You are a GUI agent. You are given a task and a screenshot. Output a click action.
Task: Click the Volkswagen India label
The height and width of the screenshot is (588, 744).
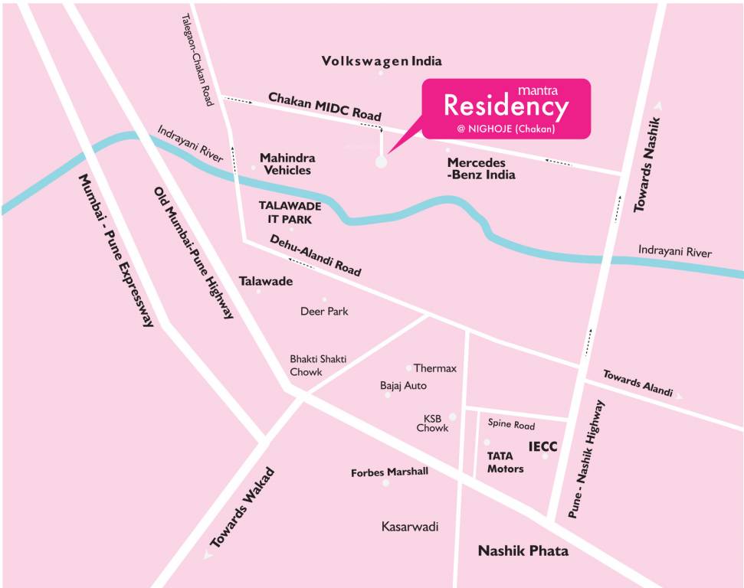[x=382, y=61]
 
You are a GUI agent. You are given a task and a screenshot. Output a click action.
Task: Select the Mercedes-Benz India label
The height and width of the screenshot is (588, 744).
[x=481, y=169]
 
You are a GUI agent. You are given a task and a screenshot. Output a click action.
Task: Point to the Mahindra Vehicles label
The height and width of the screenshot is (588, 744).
[x=287, y=164]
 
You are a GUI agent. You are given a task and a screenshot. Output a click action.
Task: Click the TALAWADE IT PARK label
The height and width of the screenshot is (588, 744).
[x=290, y=211]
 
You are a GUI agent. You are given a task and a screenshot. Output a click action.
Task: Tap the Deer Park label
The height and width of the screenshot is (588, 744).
[x=324, y=312]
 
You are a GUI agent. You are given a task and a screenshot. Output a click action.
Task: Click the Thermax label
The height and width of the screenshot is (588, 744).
[x=435, y=368]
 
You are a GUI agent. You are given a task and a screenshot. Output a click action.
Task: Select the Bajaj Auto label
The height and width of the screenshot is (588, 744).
[x=403, y=385]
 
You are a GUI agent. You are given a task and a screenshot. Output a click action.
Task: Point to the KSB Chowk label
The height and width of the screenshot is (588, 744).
[x=432, y=423]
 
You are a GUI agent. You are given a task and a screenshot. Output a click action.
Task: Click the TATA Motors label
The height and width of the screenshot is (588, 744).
[x=506, y=462]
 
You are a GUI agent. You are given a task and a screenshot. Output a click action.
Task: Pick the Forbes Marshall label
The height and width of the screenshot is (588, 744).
[x=389, y=472]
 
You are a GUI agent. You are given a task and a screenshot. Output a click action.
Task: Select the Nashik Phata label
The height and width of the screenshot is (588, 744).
[x=523, y=551]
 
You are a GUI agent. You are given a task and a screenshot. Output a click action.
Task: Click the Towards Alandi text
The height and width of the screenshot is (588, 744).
[x=637, y=383]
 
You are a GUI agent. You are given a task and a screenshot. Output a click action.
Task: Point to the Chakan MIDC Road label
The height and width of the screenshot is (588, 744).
[x=324, y=106]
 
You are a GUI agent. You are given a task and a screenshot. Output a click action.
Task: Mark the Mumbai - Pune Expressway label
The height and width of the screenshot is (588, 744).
[x=116, y=250]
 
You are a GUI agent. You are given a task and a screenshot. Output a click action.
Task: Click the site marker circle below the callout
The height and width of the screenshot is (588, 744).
[x=381, y=162]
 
